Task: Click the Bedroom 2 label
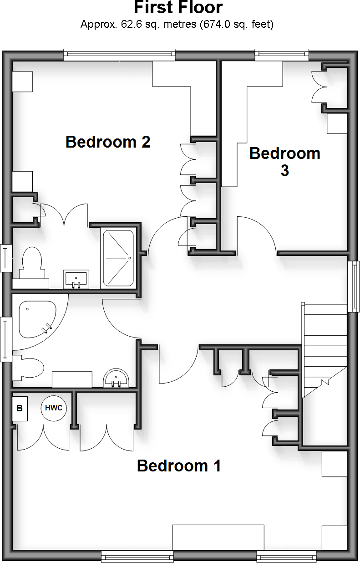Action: click(x=108, y=142)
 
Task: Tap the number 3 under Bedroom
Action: click(x=284, y=171)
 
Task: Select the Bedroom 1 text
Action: click(x=179, y=466)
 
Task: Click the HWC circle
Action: click(x=54, y=408)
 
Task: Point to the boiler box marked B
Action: click(x=20, y=409)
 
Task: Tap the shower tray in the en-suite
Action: click(x=118, y=258)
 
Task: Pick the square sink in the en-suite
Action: click(x=76, y=278)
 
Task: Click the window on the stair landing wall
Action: click(x=354, y=286)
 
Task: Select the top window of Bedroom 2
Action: click(x=119, y=56)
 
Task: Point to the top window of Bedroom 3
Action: click(x=282, y=56)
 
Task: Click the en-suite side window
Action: click(x=6, y=258)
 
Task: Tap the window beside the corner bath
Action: click(x=6, y=339)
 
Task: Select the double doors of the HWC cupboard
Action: click(x=43, y=438)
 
